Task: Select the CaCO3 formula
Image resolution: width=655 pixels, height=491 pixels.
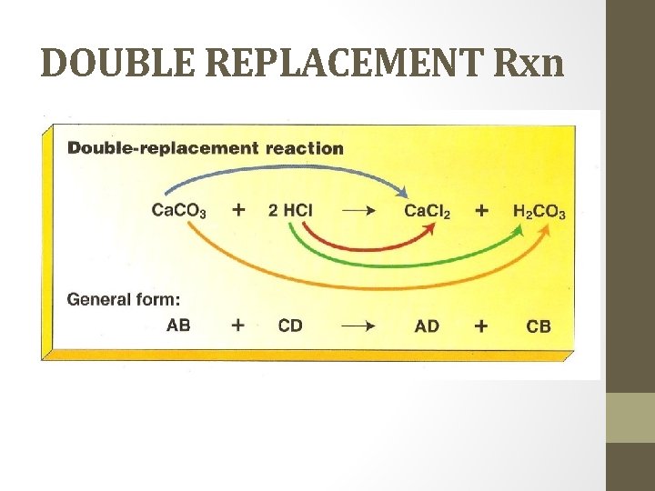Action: [x=178, y=211]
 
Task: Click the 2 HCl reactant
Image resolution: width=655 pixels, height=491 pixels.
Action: [x=290, y=210]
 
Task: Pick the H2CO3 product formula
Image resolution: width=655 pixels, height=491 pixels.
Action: [x=539, y=212]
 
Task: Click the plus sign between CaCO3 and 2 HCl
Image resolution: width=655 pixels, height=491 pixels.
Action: [x=238, y=210]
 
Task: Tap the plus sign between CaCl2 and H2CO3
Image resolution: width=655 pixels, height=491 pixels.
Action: [x=481, y=210]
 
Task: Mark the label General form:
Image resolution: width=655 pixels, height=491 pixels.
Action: [x=124, y=297]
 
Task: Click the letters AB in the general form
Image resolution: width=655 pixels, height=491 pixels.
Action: [x=178, y=325]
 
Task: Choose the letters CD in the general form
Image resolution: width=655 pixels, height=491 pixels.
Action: [x=290, y=325]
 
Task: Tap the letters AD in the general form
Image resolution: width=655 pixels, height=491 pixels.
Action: [x=426, y=326]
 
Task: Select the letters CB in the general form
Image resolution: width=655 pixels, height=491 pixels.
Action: [x=539, y=326]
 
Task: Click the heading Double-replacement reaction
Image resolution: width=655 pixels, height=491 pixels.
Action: [x=206, y=148]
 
